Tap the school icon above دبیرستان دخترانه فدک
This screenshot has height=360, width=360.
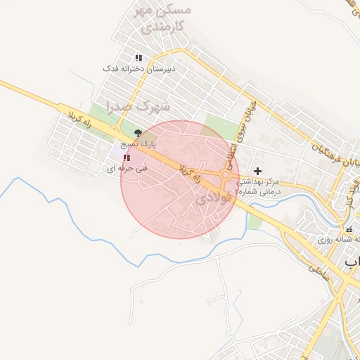139,58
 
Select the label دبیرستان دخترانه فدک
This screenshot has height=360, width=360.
139,69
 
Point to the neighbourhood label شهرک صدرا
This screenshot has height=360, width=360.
139,106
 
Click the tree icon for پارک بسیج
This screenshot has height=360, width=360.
138,132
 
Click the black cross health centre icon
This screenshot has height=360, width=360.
258,171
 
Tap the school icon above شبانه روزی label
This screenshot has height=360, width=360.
349,230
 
